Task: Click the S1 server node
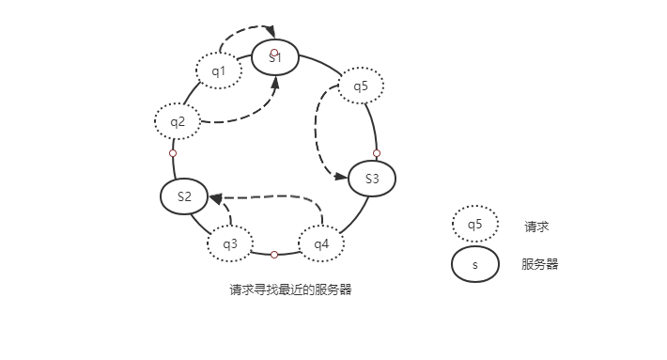click(275, 57)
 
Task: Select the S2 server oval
click(184, 196)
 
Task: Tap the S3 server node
click(372, 179)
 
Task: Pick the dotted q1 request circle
click(218, 70)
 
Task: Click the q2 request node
click(178, 120)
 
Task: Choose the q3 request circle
click(230, 243)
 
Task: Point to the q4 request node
click(321, 243)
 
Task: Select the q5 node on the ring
click(361, 86)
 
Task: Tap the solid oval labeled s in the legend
click(474, 264)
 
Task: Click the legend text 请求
click(536, 226)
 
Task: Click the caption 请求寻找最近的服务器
click(290, 290)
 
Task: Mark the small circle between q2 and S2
click(173, 152)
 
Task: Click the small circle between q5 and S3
click(377, 152)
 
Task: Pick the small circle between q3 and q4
click(273, 255)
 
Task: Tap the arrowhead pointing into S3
click(342, 174)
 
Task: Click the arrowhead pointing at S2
click(216, 198)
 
